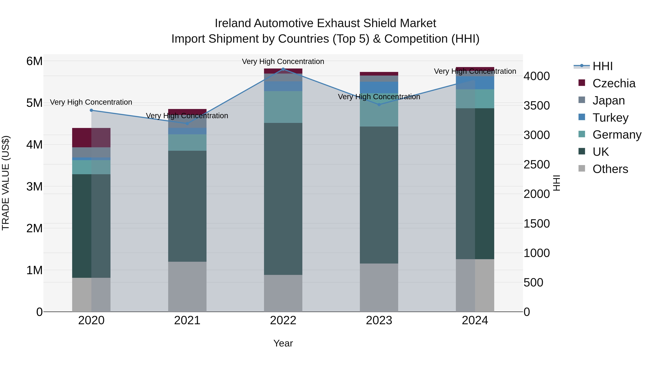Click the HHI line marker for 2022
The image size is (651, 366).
283,69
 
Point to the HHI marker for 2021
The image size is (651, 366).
187,123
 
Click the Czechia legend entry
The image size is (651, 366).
614,83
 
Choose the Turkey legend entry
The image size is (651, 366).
610,118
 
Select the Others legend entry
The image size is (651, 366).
610,169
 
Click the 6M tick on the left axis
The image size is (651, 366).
34,61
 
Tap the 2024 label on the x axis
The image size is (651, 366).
475,320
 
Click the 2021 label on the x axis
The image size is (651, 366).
187,320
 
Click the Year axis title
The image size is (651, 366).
283,343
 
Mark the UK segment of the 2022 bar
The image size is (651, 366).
283,199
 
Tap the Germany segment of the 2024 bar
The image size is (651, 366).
475,99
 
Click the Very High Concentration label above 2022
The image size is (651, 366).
283,61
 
